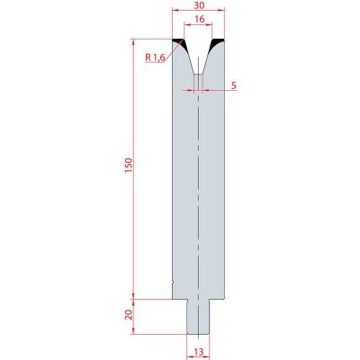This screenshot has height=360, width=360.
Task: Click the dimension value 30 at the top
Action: (x=199, y=4)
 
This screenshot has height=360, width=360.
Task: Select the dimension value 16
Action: (x=199, y=19)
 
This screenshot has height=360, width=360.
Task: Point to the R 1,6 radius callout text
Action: (x=155, y=58)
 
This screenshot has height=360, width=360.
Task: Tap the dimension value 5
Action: (x=234, y=85)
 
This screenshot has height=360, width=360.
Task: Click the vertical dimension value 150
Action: (x=129, y=166)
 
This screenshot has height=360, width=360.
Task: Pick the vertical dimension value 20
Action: (x=129, y=315)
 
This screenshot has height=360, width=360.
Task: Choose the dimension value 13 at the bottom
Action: (x=199, y=352)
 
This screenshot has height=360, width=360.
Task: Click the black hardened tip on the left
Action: (x=180, y=43)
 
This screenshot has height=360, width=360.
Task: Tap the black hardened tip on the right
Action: (x=217, y=43)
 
